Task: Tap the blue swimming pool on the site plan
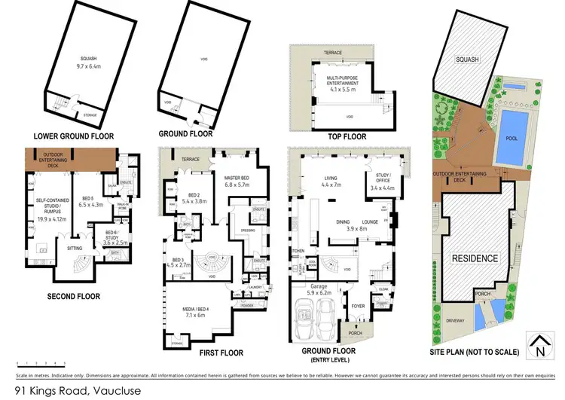click(512, 136)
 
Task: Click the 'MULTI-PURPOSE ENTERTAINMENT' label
click(342, 79)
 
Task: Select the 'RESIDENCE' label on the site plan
click(475, 258)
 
